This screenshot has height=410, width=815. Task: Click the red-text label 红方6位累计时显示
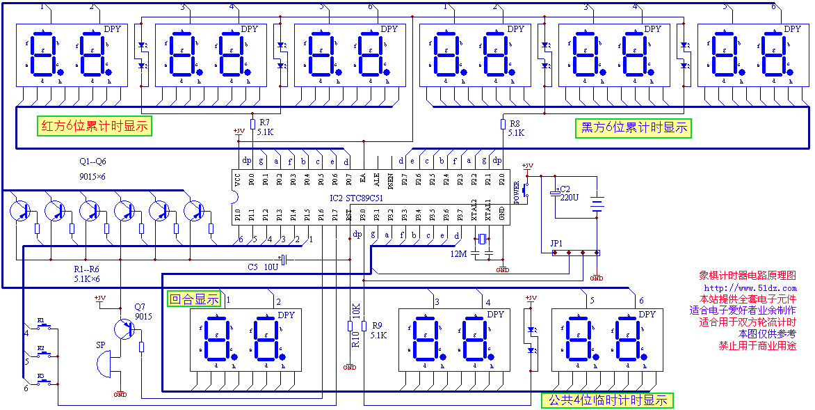[x=95, y=126]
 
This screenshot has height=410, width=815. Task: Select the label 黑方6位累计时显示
[x=634, y=127]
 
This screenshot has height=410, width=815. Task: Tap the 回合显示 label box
[x=195, y=299]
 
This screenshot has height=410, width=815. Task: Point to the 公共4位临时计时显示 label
[x=607, y=400]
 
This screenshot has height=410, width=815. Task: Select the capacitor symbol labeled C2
[x=555, y=191]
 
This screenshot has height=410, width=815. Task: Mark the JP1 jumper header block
[x=576, y=253]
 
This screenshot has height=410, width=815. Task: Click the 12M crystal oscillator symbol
[x=481, y=240]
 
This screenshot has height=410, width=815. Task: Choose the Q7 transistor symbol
[x=126, y=329]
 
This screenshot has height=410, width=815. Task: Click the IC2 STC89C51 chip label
[x=357, y=198]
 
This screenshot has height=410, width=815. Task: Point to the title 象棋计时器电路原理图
[x=747, y=276]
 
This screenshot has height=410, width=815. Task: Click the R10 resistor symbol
[x=350, y=326]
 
